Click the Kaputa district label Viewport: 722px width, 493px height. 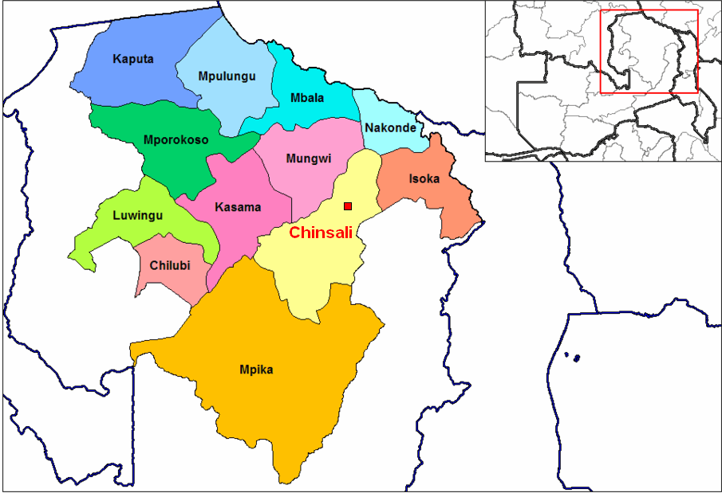click(133, 59)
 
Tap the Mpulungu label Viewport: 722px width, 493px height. click(226, 76)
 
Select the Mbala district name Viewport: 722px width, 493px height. click(306, 98)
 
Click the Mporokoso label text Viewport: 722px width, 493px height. click(176, 140)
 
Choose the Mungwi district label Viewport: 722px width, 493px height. click(308, 158)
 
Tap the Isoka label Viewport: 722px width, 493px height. click(424, 179)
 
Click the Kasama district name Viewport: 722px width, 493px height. click(238, 207)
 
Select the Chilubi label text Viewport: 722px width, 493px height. click(171, 265)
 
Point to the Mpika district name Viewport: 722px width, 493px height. click(257, 370)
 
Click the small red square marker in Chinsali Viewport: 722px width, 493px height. click(348, 206)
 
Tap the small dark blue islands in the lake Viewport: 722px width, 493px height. click(573, 358)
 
